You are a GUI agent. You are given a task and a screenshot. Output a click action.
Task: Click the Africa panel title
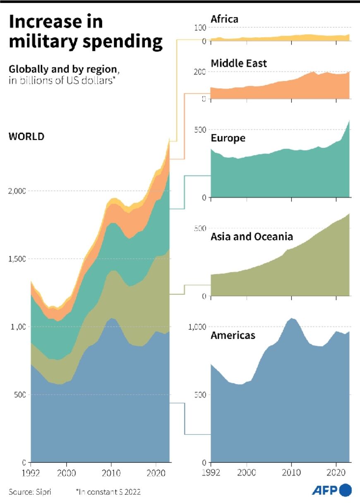(224, 19)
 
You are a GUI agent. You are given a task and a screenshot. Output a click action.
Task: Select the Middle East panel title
(239, 63)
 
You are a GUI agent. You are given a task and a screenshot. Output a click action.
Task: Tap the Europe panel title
(228, 138)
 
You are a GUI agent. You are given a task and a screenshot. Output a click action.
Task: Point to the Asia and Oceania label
(252, 236)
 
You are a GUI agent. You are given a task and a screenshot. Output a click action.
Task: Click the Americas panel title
(233, 335)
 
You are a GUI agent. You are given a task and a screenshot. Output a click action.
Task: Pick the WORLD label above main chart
(26, 137)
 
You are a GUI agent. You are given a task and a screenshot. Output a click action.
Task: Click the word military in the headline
(41, 42)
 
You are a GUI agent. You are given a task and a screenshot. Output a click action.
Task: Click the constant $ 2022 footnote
(108, 492)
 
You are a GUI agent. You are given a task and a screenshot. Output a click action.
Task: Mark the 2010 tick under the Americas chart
(291, 472)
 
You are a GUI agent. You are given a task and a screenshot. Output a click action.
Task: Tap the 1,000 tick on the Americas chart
(197, 327)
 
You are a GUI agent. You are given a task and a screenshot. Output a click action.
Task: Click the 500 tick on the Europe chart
(199, 130)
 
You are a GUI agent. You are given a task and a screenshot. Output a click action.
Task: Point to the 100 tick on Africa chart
(200, 28)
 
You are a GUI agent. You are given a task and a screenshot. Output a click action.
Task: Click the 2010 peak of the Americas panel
(292, 318)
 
